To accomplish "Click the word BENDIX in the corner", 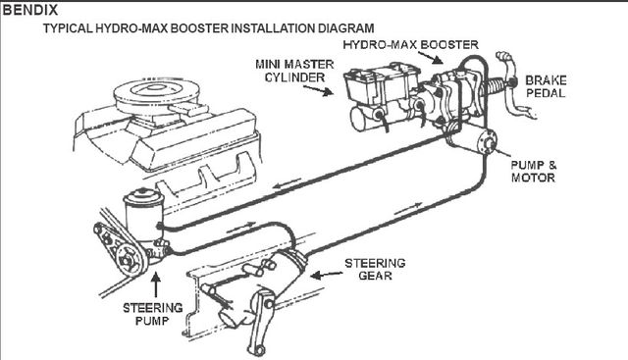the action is [x=30, y=10].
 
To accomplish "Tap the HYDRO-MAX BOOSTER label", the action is [x=410, y=44].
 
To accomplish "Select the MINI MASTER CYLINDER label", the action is [x=294, y=71].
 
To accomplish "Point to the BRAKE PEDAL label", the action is [x=546, y=86].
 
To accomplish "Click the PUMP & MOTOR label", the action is [x=534, y=172].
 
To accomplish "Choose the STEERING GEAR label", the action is [x=375, y=269].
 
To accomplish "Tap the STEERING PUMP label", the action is [x=153, y=314].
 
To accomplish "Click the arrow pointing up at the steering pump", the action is [x=156, y=284].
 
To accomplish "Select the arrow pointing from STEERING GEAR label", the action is [x=327, y=275].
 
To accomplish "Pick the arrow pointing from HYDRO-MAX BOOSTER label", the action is [x=432, y=57].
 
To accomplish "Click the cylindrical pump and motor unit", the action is [x=473, y=140].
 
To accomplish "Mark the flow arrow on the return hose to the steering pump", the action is [x=287, y=182].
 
